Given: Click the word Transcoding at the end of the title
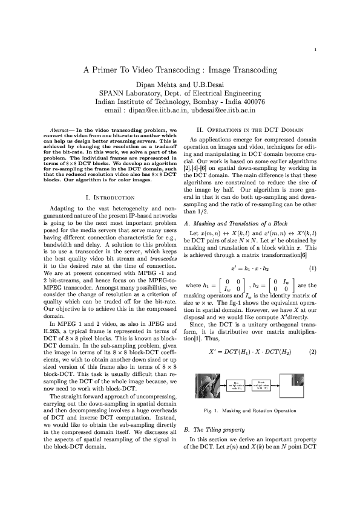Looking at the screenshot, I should coord(253,70).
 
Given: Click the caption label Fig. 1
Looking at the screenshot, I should coord(212,413).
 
